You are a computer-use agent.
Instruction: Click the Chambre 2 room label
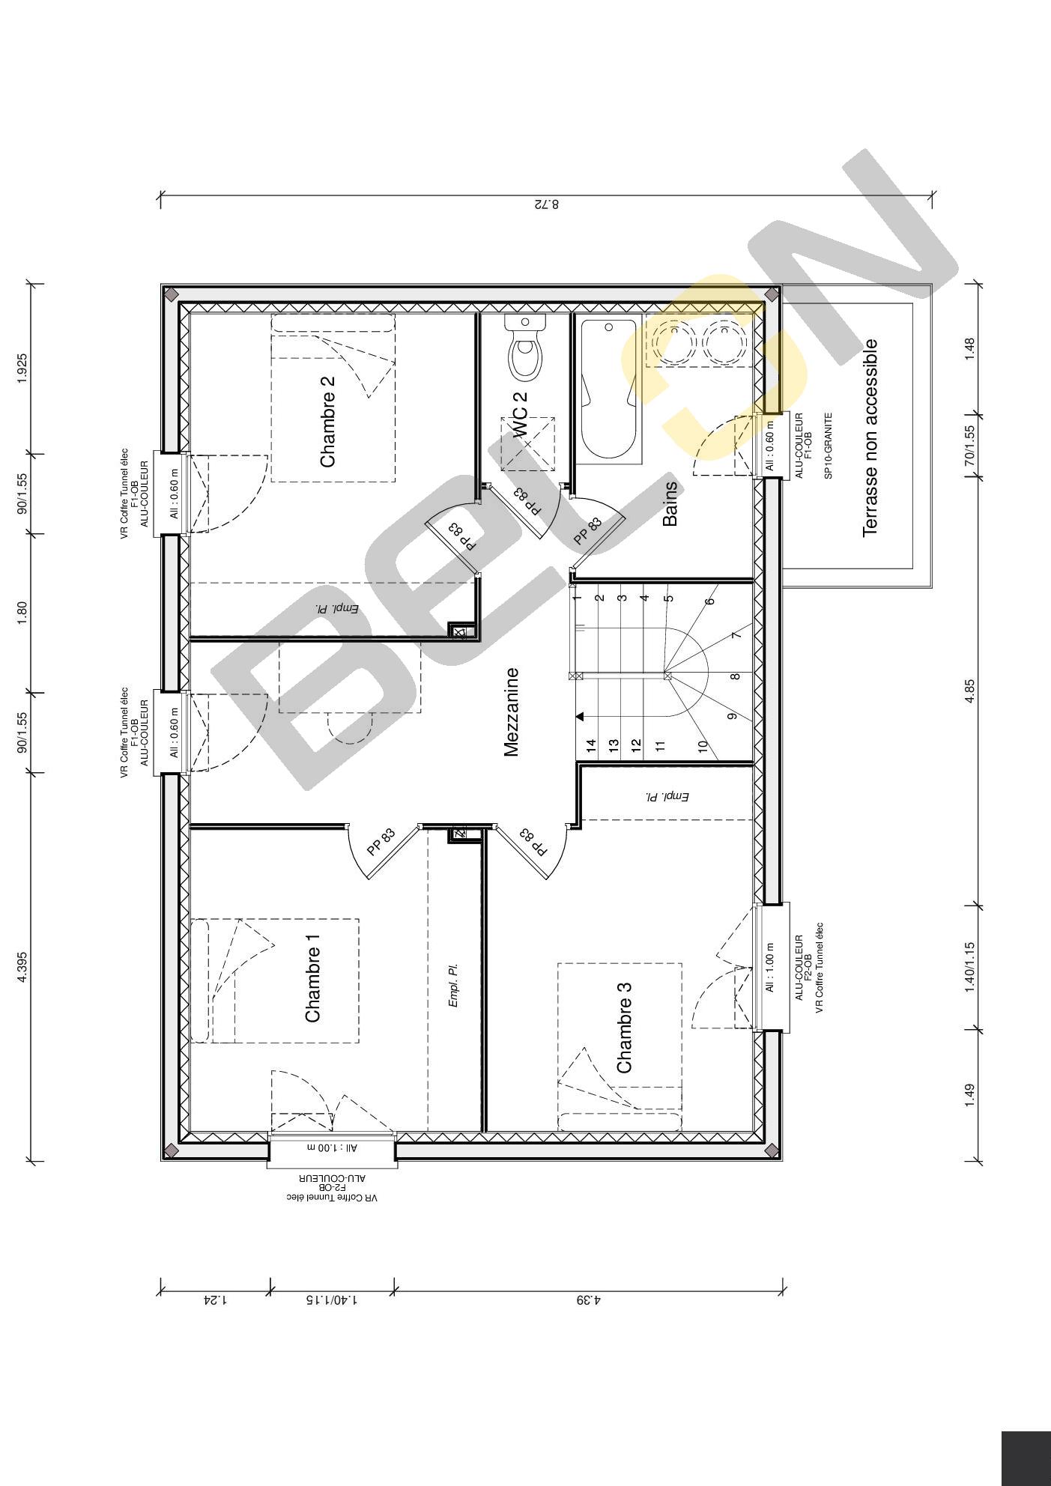click(327, 421)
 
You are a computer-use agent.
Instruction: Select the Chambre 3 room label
click(624, 1027)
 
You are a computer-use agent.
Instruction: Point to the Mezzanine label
click(512, 712)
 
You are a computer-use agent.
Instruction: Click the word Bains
click(670, 503)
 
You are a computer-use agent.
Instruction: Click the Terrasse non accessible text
click(870, 438)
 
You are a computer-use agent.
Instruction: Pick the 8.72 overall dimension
click(546, 204)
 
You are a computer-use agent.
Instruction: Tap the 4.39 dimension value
click(588, 1300)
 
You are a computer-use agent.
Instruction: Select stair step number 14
click(591, 745)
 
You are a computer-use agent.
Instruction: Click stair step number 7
click(736, 635)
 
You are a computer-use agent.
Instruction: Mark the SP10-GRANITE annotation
click(829, 445)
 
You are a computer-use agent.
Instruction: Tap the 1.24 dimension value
click(215, 1300)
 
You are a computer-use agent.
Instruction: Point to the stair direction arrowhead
click(580, 717)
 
